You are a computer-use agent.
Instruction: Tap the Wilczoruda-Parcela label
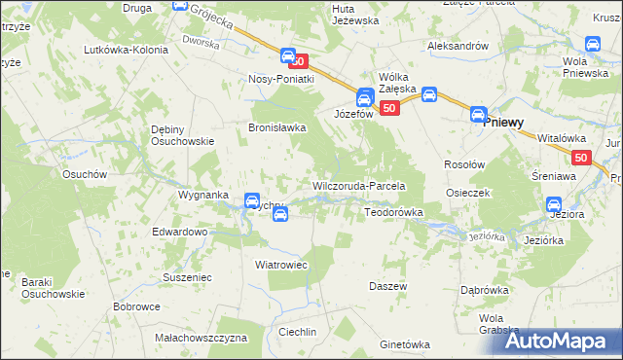tap(358, 185)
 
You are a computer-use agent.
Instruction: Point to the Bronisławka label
tap(278, 127)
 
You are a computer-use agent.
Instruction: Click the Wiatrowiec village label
tap(281, 264)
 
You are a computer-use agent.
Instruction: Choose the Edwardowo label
tap(180, 233)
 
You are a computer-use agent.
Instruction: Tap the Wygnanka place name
tap(202, 195)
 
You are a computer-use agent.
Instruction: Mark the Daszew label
tap(387, 286)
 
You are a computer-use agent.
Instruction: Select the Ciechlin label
tap(297, 332)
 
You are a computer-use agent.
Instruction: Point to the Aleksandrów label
tap(458, 46)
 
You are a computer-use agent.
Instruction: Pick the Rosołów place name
tap(464, 164)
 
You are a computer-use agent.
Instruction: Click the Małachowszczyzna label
tap(202, 338)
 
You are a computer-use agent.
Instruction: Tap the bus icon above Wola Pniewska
tap(593, 44)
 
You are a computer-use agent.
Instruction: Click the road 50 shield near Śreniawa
tap(581, 158)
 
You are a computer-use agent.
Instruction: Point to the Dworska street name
tap(202, 43)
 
